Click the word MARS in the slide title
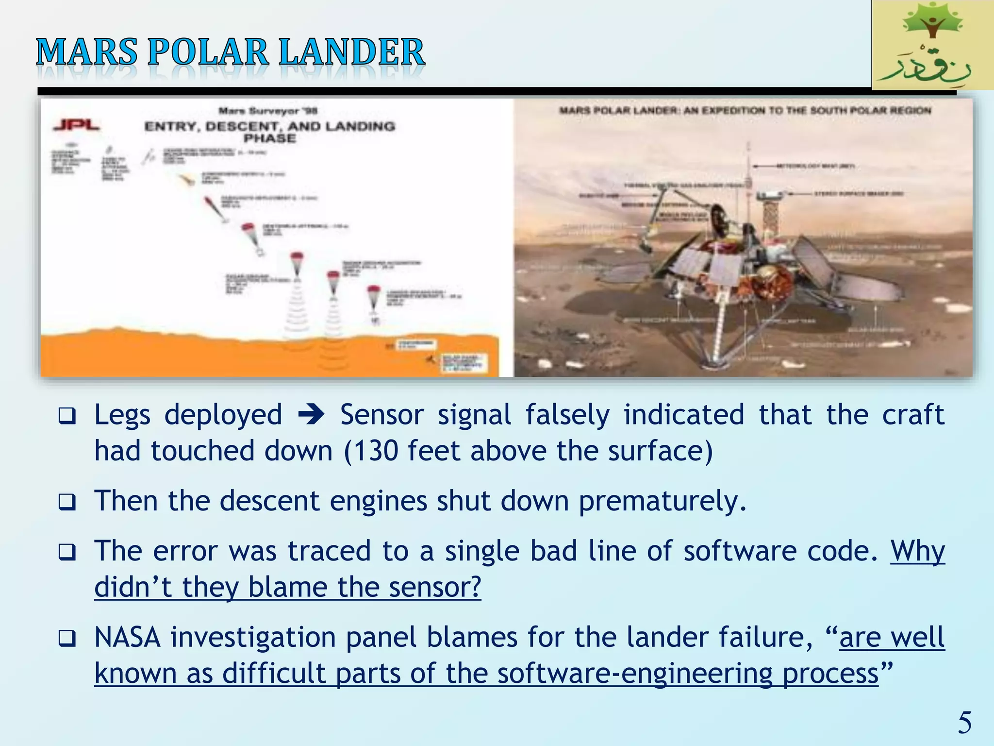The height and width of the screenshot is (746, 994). [x=86, y=52]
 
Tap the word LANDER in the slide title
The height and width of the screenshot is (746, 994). [x=352, y=52]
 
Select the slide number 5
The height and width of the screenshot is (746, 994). [x=964, y=723]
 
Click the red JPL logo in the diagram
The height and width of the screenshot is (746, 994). [x=76, y=125]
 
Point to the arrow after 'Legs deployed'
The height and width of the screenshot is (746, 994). [x=311, y=416]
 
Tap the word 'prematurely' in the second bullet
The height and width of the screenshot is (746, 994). [x=662, y=501]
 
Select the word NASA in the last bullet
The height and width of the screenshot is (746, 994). [x=127, y=637]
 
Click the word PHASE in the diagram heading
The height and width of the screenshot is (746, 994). [x=270, y=138]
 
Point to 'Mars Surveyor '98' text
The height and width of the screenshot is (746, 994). [x=268, y=111]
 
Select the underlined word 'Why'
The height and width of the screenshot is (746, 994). [x=917, y=551]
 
